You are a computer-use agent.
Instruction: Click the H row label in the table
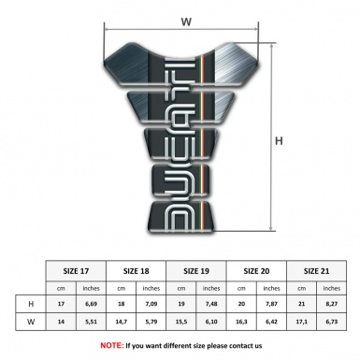pyautogui.click(x=32, y=305)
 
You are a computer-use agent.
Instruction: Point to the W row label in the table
pyautogui.click(x=32, y=322)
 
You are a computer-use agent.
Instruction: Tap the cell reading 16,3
pyautogui.click(x=243, y=322)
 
